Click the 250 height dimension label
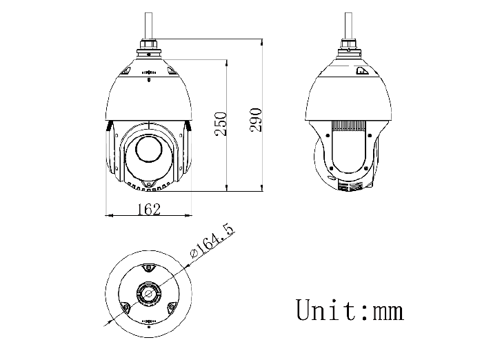click(x=221, y=123)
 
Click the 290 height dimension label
click(x=256, y=120)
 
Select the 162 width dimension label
click(x=149, y=209)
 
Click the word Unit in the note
click(x=325, y=310)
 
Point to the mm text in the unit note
click(x=388, y=312)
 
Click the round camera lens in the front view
click(x=149, y=149)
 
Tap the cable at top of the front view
click(x=149, y=26)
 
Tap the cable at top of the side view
click(x=348, y=26)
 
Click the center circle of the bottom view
click(x=149, y=294)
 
